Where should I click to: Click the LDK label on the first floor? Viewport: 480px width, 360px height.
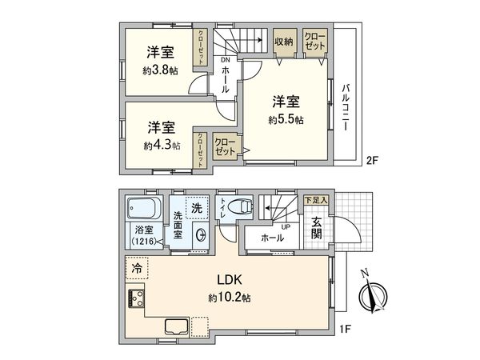click(x=230, y=279)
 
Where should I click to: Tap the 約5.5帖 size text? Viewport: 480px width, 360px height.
click(x=286, y=120)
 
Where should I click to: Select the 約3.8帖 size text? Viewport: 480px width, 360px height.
click(x=160, y=70)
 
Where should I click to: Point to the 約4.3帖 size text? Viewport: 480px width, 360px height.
click(x=162, y=146)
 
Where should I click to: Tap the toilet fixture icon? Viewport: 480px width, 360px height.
click(x=241, y=207)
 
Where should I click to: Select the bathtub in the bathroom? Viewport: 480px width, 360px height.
click(x=144, y=207)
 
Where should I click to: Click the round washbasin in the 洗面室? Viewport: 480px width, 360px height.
click(x=201, y=235)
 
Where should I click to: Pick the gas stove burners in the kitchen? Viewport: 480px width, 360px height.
click(x=136, y=298)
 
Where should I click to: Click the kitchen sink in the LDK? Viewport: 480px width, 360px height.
click(x=177, y=326)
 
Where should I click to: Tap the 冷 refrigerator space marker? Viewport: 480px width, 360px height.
click(x=137, y=268)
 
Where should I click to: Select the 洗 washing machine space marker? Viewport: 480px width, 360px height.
click(x=197, y=208)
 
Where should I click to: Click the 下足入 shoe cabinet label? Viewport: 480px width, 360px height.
click(x=316, y=201)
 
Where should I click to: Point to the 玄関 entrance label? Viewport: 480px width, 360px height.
click(x=317, y=228)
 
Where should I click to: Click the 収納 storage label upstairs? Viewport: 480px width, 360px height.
click(x=284, y=42)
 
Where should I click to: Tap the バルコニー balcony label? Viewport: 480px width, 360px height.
click(x=346, y=107)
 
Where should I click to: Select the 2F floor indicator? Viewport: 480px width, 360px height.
click(x=373, y=161)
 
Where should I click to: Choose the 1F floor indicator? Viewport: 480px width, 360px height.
click(x=345, y=330)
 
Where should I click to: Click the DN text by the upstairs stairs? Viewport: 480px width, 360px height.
click(x=225, y=60)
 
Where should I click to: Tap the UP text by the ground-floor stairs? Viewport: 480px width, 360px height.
click(x=286, y=227)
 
